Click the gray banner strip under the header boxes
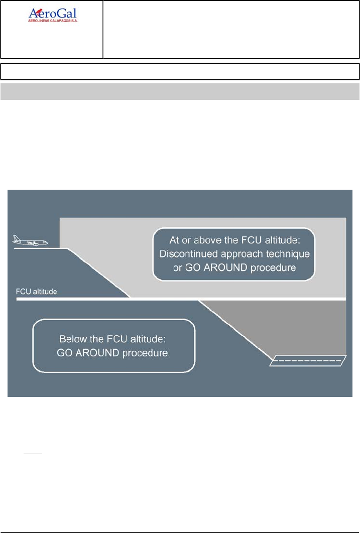click(180, 91)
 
